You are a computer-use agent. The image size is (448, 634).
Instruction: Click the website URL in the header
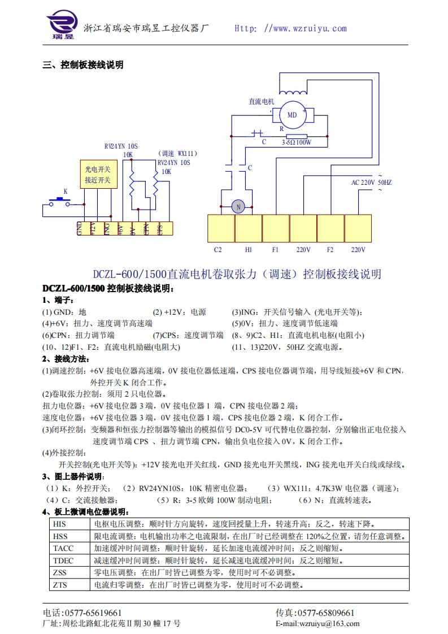click(291, 28)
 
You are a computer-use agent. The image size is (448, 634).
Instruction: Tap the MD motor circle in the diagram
click(292, 115)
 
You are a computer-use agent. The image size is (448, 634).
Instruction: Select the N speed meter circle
click(238, 207)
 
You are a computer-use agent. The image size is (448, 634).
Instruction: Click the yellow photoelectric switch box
click(98, 175)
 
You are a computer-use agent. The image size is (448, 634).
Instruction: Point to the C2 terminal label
click(218, 249)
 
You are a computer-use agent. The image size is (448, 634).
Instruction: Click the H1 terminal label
click(248, 249)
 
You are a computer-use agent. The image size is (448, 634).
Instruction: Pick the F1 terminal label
click(275, 249)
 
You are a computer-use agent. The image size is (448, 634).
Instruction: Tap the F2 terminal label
click(330, 249)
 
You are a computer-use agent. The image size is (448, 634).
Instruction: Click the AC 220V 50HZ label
click(371, 183)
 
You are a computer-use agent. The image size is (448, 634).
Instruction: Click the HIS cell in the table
click(60, 524)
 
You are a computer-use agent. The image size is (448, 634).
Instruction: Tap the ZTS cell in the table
click(60, 585)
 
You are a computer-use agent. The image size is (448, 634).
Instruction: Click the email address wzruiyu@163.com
click(330, 624)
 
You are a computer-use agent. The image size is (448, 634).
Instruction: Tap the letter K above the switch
click(65, 192)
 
